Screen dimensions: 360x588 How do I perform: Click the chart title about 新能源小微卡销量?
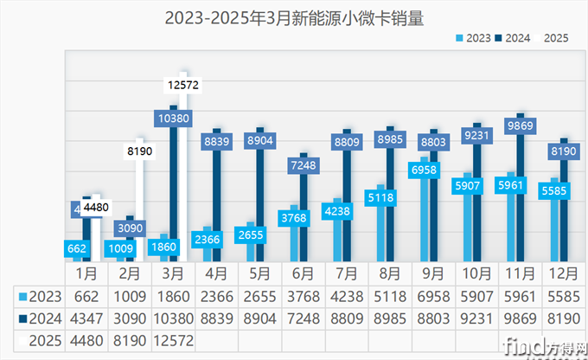tap(295, 16)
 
